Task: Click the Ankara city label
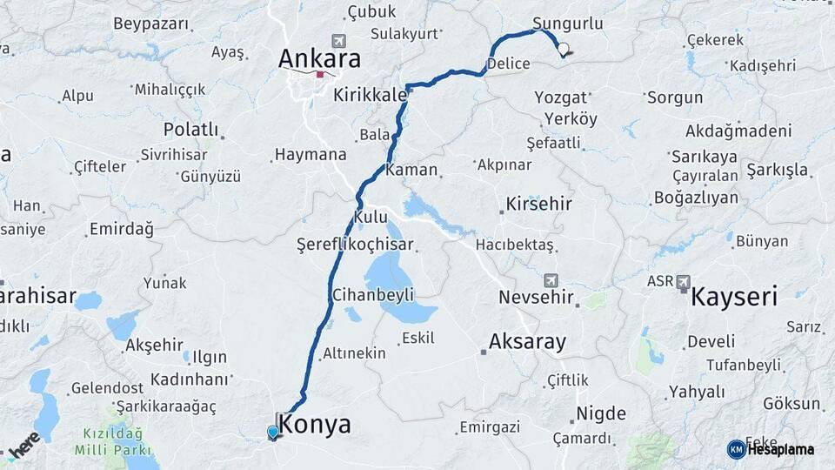click(319, 59)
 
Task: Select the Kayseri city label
click(733, 298)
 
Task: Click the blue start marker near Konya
click(273, 432)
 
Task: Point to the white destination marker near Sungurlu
click(564, 50)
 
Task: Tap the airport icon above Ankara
click(338, 40)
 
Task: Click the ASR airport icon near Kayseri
click(684, 282)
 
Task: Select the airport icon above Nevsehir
click(550, 281)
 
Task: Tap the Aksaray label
click(527, 341)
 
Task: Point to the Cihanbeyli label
click(372, 295)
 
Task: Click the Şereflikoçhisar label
click(355, 245)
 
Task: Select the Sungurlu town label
click(567, 23)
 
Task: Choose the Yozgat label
click(561, 97)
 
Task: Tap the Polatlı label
click(190, 129)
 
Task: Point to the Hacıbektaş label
click(515, 245)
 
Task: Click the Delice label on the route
click(509, 64)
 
